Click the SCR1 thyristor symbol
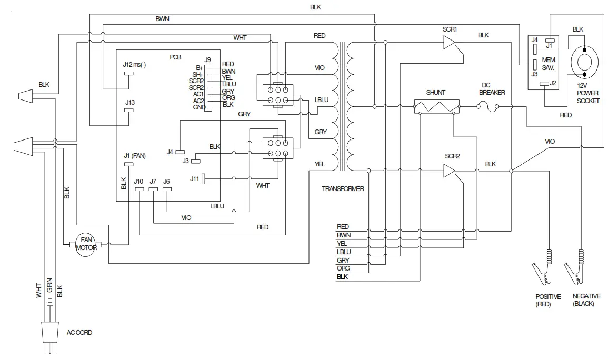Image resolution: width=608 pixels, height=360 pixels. (449, 45)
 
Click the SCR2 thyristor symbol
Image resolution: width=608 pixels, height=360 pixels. (449, 171)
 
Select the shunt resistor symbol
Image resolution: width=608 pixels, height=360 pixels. (436, 107)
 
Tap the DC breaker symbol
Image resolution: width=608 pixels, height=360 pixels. (493, 107)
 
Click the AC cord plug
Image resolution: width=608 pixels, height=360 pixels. (50, 335)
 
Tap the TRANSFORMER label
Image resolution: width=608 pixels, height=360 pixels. (343, 189)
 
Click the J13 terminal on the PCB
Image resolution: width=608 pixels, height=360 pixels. (128, 110)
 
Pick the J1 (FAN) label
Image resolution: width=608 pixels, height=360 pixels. (134, 155)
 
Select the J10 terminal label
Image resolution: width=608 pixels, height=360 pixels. (138, 181)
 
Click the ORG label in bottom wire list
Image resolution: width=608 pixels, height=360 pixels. (343, 268)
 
